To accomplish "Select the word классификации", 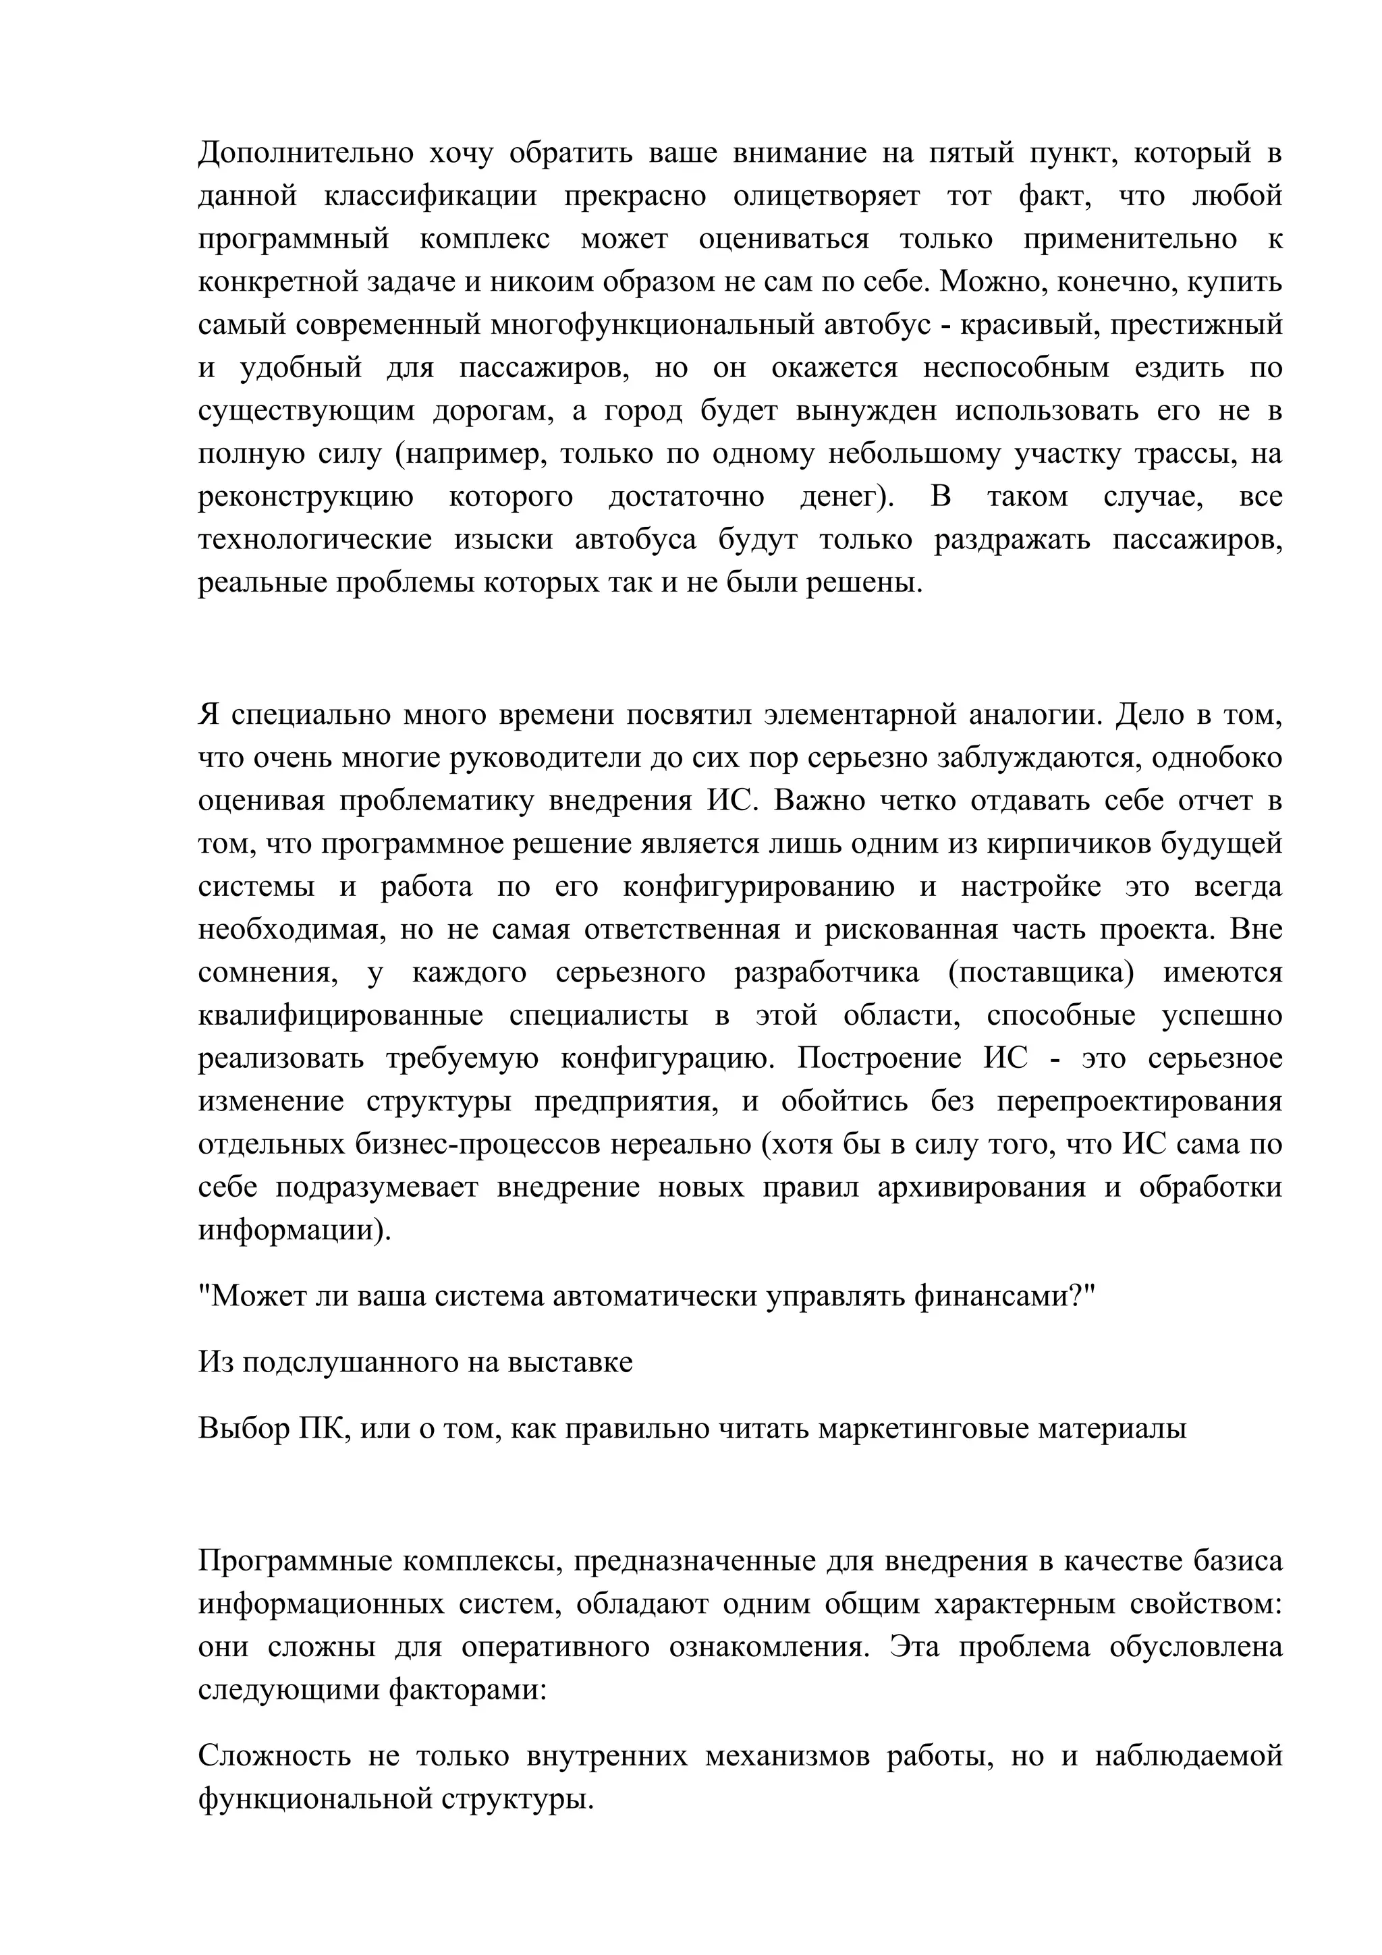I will click(x=430, y=196).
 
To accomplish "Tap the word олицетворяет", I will click(x=826, y=196).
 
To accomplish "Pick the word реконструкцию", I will click(x=306, y=497).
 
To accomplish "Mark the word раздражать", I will click(x=1012, y=539).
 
